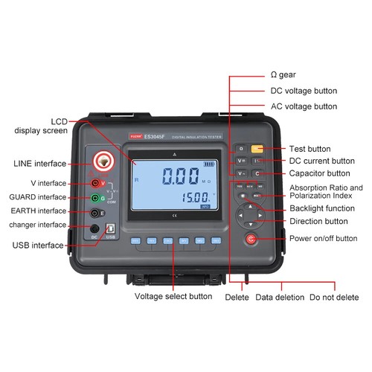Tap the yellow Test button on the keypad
(x=257, y=149)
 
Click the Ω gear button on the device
(x=241, y=149)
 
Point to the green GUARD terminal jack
(x=94, y=198)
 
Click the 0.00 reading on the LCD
(x=171, y=177)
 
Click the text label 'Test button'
(x=310, y=148)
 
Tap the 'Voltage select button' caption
(x=173, y=296)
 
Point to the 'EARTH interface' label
(x=38, y=211)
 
